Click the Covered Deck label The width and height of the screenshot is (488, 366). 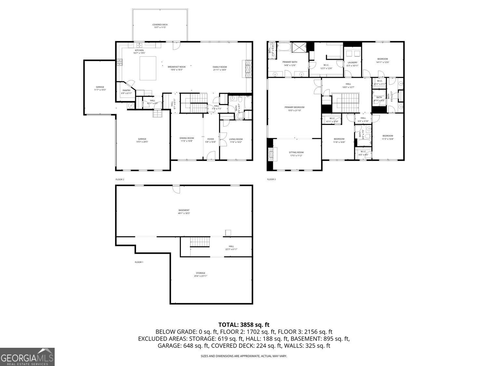point(160,25)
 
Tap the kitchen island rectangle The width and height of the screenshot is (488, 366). point(148,68)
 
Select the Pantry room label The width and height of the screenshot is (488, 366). point(127,91)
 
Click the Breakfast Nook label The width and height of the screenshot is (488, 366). point(177,67)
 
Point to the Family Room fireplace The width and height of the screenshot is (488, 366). point(248,69)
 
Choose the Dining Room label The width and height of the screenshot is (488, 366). point(186,138)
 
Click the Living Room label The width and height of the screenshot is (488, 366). point(236,139)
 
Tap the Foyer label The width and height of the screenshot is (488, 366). point(211,139)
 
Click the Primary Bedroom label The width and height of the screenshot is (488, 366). point(294,107)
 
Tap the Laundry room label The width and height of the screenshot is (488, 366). point(352,62)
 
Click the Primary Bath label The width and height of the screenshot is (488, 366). point(290,62)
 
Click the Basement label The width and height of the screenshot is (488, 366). point(184,210)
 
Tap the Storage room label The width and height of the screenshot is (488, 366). point(200,273)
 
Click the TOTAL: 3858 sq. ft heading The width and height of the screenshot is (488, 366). point(244,325)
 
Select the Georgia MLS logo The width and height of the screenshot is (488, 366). point(27,357)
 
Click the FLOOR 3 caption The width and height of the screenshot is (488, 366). point(271,179)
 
